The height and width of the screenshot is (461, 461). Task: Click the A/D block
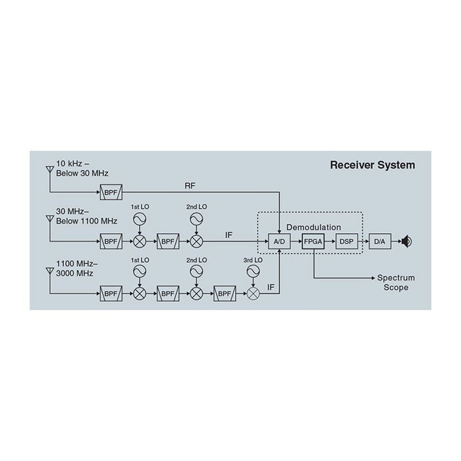click(279, 242)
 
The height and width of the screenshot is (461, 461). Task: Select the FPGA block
click(313, 242)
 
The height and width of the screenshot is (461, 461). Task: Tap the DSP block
click(346, 242)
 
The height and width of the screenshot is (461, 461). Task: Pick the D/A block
click(379, 242)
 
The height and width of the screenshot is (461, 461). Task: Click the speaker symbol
click(407, 242)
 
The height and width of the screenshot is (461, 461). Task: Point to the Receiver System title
click(372, 165)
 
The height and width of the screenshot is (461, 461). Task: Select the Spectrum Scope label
click(396, 283)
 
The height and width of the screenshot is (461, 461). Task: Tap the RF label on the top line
click(190, 186)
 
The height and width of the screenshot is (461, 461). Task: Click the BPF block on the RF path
click(109, 193)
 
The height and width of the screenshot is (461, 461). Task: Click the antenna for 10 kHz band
click(49, 170)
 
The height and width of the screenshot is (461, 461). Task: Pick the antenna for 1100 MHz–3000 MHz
click(49, 271)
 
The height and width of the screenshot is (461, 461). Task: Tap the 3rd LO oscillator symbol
click(253, 271)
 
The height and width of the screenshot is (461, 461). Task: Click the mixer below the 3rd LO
click(253, 293)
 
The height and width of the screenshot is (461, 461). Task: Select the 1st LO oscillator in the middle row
click(140, 219)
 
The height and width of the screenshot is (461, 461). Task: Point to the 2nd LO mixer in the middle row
click(196, 242)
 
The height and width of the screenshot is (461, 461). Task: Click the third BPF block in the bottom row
click(224, 293)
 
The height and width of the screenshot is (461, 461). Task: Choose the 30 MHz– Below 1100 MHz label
click(86, 216)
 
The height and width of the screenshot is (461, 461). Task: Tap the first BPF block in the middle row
click(110, 242)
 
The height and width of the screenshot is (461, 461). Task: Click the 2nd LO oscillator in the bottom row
click(196, 271)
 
